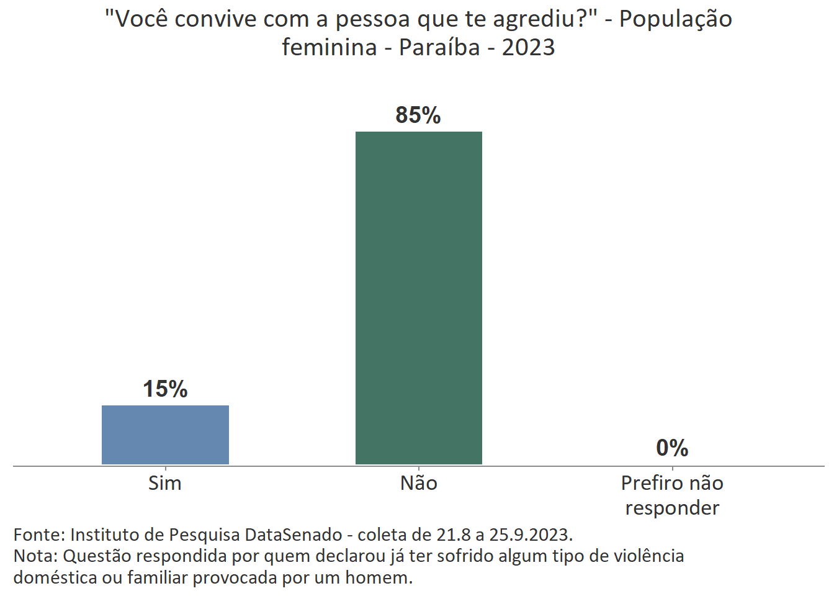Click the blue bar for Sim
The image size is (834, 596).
click(165, 435)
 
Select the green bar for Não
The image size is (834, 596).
click(419, 298)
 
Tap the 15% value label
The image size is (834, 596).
click(165, 389)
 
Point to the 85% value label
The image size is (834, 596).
click(418, 115)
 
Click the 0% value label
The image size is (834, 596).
click(672, 448)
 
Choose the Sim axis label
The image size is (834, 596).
click(165, 483)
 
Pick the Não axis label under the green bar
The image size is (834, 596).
click(419, 483)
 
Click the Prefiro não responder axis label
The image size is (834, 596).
click(672, 495)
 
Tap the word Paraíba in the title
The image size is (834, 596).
click(439, 47)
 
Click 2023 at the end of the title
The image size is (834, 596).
click(528, 47)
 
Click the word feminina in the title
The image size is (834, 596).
click(329, 47)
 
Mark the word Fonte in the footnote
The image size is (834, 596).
click(38, 535)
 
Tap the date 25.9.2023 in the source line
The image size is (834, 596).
click(531, 535)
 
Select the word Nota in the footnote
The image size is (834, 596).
click(35, 556)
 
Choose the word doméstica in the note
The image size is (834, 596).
click(55, 577)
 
